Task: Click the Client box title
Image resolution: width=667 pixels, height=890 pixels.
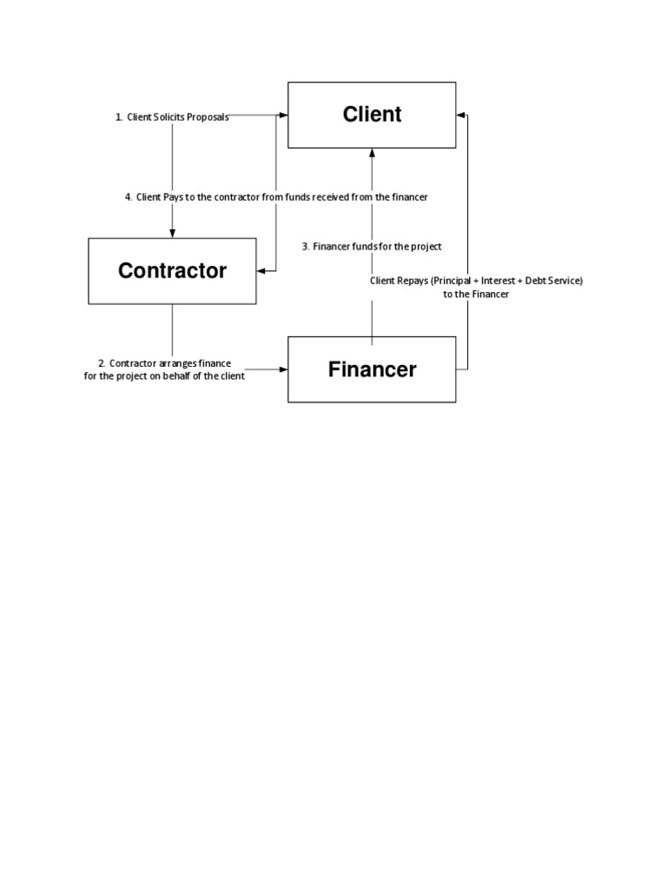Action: coord(372,115)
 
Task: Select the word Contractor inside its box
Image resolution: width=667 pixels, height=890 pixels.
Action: coord(172,271)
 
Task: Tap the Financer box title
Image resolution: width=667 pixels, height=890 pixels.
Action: coord(372,369)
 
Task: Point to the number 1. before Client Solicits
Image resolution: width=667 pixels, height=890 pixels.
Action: coord(119,117)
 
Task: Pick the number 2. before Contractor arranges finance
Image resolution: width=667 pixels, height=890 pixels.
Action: coord(102,362)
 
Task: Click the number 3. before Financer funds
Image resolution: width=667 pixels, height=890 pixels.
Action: coord(306,247)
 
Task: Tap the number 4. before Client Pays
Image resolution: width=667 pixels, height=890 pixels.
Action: coord(129,197)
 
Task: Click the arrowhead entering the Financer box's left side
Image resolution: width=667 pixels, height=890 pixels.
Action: coord(283,369)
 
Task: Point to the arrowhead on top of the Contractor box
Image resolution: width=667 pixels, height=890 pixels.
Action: coord(172,233)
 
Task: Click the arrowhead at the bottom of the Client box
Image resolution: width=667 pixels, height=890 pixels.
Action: coord(372,153)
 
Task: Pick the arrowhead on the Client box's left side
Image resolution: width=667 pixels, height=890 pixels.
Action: coord(283,115)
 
